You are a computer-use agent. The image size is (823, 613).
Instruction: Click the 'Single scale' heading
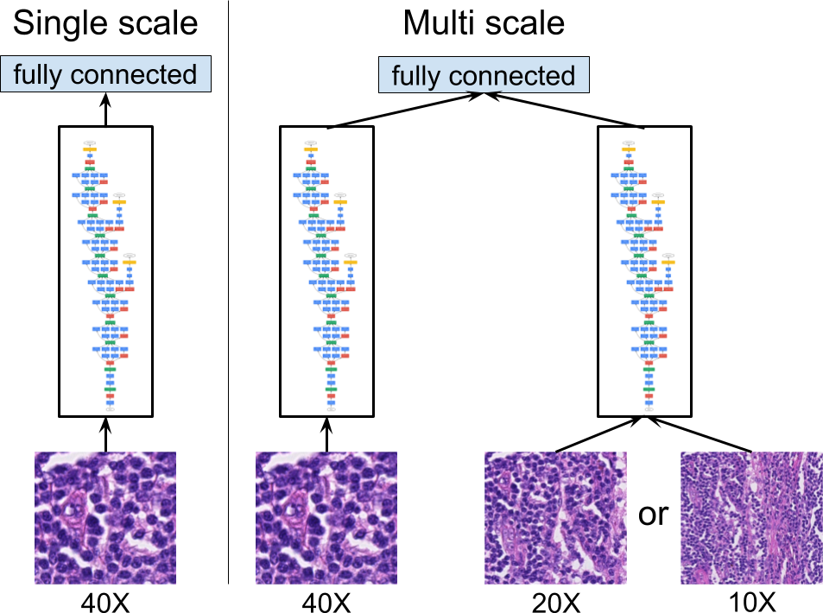[106, 22]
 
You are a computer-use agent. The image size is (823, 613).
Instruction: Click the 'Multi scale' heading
[484, 22]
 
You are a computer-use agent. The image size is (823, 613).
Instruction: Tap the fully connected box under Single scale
[106, 74]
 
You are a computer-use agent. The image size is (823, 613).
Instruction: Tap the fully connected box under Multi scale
[484, 76]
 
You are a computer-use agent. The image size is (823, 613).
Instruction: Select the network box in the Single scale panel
[105, 269]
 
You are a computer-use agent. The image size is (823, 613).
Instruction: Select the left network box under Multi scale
[326, 269]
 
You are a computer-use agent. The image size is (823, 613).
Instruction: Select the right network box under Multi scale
[644, 269]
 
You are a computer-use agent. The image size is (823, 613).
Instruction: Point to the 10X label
[750, 598]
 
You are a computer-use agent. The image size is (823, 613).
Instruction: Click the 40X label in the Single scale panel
[105, 598]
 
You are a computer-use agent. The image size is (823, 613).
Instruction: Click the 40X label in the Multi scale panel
[326, 598]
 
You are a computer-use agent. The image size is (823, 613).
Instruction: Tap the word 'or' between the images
[653, 515]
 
